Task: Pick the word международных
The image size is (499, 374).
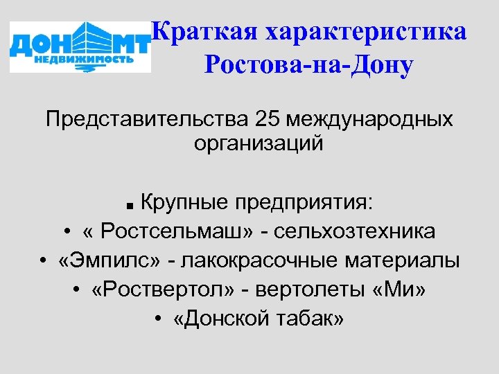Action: point(374,118)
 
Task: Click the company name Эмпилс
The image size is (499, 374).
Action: point(110,260)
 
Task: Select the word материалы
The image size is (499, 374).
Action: point(406,260)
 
